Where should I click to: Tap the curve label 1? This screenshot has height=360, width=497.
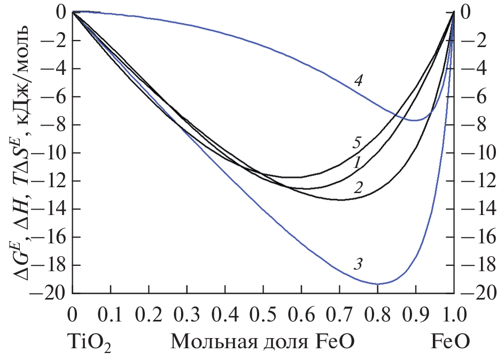point(354,164)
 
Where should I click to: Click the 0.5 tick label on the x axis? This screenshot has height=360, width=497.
point(263,312)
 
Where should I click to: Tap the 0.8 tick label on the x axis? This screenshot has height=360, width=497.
point(377,312)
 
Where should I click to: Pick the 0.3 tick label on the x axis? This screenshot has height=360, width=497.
point(187,312)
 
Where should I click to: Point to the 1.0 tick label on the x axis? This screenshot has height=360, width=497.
point(453,312)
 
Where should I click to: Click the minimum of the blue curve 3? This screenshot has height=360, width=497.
point(378,284)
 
